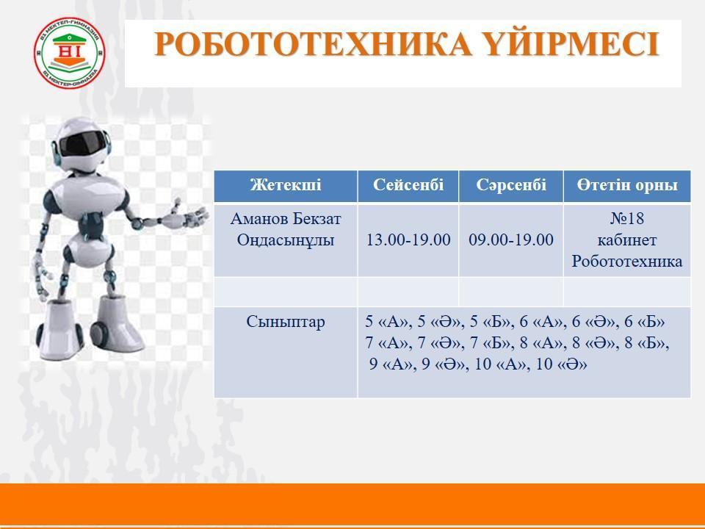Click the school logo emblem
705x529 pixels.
pos(70,53)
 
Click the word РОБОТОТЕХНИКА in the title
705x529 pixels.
pos(313,44)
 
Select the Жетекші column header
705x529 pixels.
pos(286,185)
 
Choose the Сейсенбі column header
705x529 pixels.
pos(408,185)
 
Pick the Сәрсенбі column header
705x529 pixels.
pos(511,185)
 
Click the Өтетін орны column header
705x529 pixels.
pos(627,185)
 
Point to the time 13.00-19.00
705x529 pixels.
pos(408,240)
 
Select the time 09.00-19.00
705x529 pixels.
pos(511,240)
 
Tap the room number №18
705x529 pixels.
pos(627,219)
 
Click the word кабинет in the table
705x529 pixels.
pos(627,240)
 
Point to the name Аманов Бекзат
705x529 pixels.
pos(286,219)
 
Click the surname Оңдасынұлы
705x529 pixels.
pos(286,240)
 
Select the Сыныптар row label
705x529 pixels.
pos(286,322)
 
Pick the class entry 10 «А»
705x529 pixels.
pos(500,364)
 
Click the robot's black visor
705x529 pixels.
pos(82,143)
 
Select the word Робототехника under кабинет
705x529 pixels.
pos(627,262)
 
